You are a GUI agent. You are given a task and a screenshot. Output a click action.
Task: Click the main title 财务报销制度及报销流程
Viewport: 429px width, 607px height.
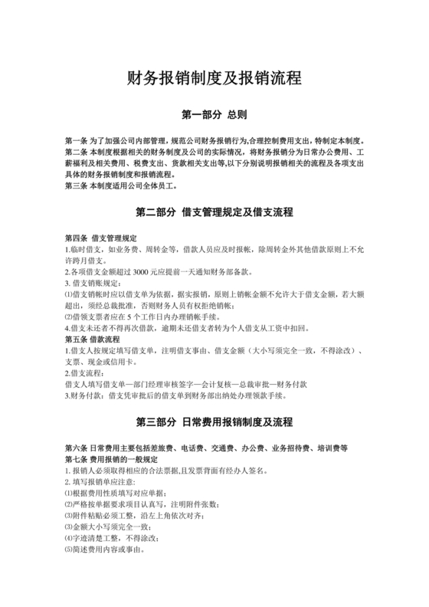click(x=214, y=79)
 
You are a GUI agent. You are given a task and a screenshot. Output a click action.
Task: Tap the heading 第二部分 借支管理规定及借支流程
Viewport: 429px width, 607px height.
click(x=214, y=212)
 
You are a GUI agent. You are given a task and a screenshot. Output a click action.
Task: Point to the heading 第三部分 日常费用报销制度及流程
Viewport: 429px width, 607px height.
click(x=214, y=422)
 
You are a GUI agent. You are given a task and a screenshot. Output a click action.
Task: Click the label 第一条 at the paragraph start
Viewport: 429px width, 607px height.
click(x=77, y=142)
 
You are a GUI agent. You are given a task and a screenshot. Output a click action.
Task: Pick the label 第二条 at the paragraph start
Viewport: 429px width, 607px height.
click(x=77, y=153)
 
